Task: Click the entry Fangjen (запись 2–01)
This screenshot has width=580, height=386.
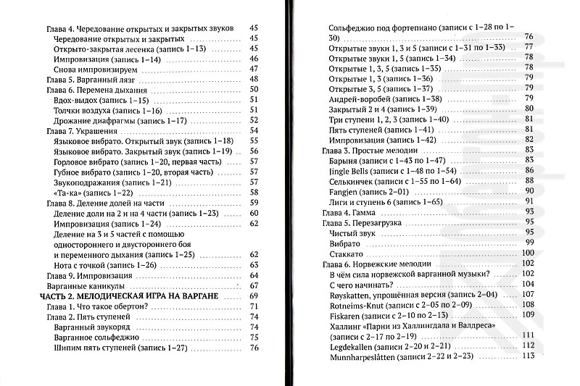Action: click(369, 190)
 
